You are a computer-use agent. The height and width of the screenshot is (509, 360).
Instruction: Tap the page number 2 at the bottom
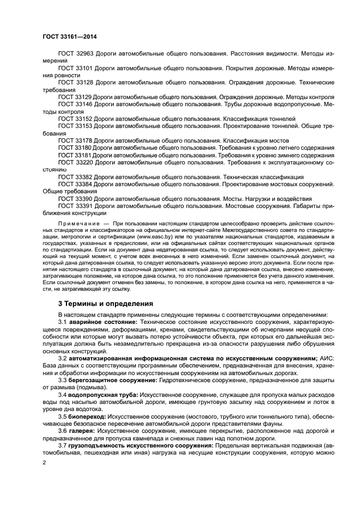(45, 462)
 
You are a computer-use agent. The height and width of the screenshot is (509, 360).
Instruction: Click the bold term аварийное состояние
(102, 322)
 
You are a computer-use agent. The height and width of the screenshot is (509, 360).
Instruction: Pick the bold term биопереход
(87, 416)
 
